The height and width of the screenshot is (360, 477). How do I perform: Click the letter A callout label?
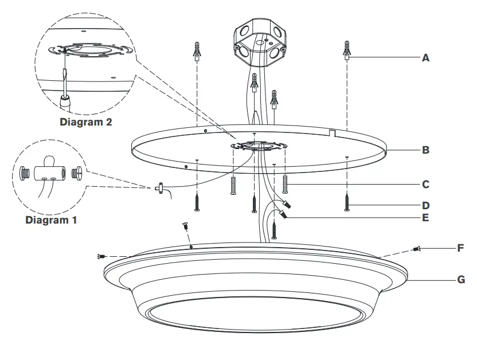click(x=425, y=58)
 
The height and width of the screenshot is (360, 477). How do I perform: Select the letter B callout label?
click(x=425, y=151)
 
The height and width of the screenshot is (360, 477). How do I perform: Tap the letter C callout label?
click(x=425, y=185)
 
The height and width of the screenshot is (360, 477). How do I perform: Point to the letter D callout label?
click(x=425, y=205)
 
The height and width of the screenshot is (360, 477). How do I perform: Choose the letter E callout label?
click(x=425, y=218)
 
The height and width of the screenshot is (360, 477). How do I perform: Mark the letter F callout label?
click(x=460, y=249)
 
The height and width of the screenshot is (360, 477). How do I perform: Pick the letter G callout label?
click(x=460, y=281)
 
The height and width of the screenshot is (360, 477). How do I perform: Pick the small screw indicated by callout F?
click(x=417, y=249)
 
